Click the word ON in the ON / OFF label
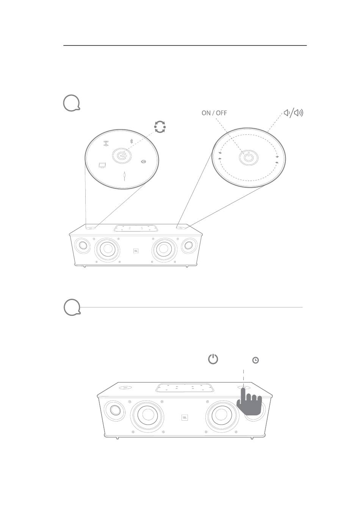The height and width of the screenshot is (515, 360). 206,113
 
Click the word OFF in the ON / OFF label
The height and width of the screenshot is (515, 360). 221,113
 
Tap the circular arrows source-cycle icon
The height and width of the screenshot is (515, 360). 160,127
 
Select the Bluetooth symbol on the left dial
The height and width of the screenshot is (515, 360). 131,141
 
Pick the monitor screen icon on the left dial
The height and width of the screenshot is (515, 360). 102,165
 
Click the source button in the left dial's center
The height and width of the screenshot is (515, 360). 122,156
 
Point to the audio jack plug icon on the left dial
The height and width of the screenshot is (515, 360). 124,176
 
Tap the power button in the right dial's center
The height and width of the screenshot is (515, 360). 249,158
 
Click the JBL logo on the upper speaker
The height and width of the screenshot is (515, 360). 136,251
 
